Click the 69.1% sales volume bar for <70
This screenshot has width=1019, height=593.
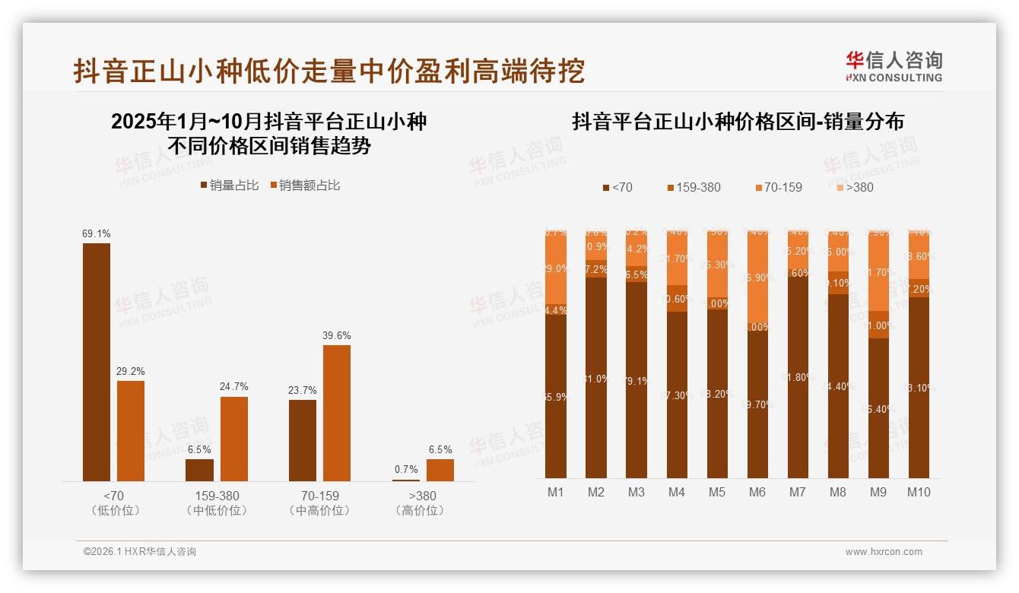pos(97,362)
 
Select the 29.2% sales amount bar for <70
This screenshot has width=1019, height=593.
pos(131,430)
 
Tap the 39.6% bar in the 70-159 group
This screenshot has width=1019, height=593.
pos(337,413)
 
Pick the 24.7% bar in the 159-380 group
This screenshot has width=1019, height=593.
pos(234,439)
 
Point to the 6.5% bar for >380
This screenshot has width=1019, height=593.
pos(440,470)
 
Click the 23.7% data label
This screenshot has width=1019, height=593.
pos(303,390)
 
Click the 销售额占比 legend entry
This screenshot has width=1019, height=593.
pos(305,186)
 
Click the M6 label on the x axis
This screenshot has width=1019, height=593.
pos(757,492)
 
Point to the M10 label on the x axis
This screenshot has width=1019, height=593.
pos(919,492)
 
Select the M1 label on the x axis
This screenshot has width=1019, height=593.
pos(556,492)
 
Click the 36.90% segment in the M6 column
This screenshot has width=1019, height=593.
pos(757,278)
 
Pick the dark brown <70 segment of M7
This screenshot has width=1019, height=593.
pos(798,378)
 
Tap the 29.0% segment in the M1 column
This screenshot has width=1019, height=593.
pos(556,268)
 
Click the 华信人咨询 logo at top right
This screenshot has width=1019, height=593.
pos(894,66)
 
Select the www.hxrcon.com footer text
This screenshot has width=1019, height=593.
pos(884,552)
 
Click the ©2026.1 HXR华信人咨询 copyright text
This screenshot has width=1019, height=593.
pos(140,552)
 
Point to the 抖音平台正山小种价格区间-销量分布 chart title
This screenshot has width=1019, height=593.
pos(738,122)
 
